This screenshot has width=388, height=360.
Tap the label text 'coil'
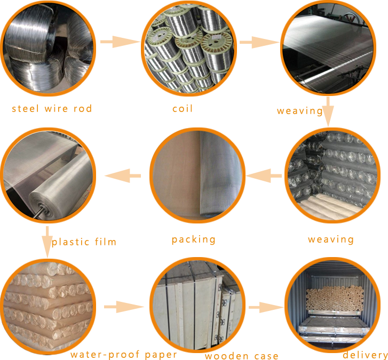[x=182, y=109]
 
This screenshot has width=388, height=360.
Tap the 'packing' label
[x=193, y=239]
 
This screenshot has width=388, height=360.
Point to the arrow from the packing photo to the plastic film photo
[x=123, y=174]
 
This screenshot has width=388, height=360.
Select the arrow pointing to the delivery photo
[x=265, y=307]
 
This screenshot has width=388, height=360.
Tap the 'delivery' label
[x=365, y=355]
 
